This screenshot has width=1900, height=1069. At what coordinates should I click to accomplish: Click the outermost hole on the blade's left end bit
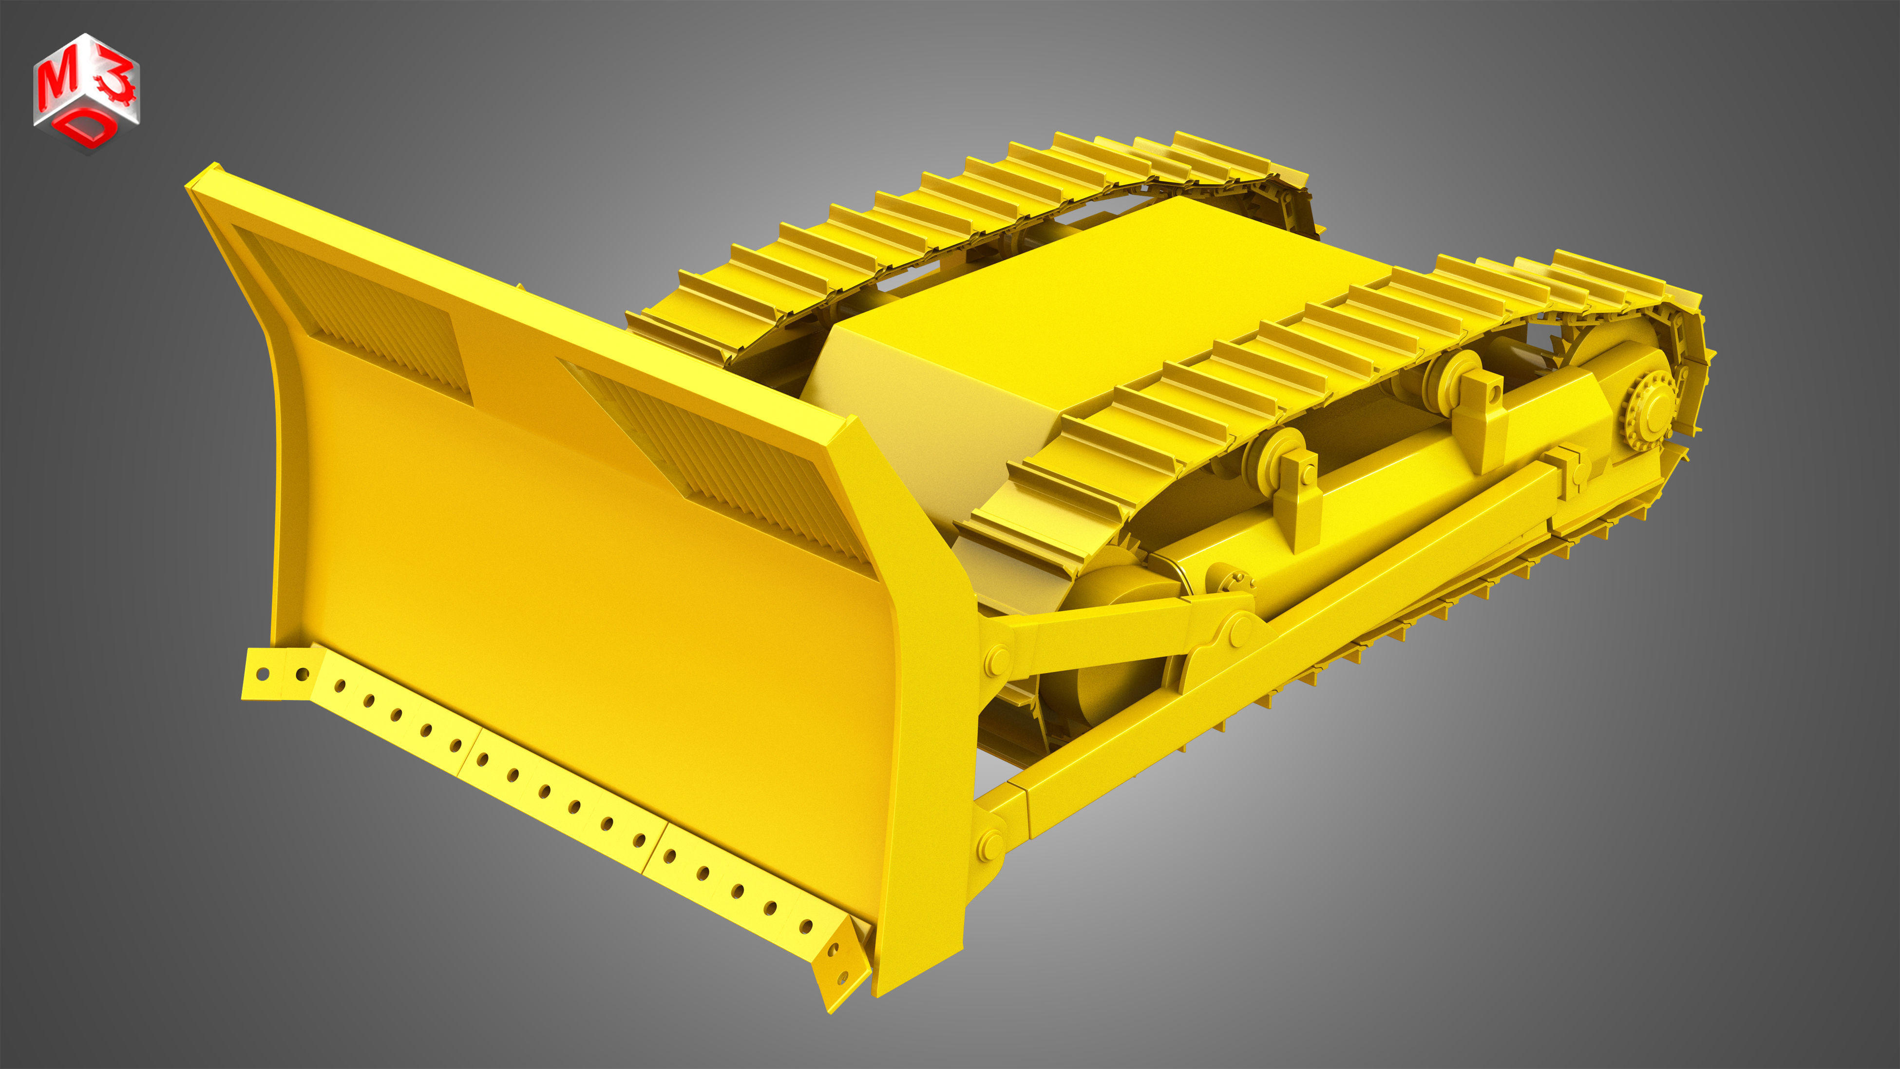262,673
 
